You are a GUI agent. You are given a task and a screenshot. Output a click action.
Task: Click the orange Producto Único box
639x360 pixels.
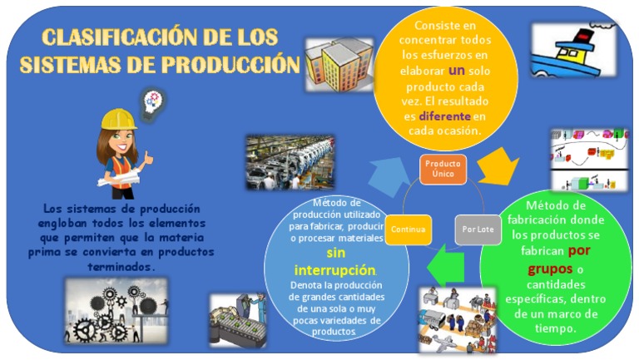point(443,169)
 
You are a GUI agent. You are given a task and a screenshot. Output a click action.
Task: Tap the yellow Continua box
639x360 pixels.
point(409,229)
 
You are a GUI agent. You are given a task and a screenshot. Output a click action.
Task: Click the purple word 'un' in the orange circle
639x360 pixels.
point(456,71)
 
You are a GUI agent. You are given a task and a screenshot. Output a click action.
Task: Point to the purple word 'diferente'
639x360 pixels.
point(444,116)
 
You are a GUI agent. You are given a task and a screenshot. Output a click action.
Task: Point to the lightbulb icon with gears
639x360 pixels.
point(154,101)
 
